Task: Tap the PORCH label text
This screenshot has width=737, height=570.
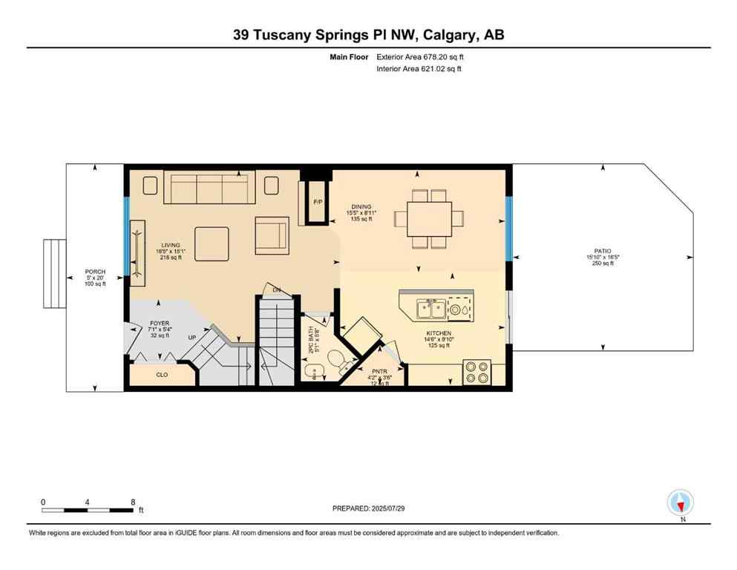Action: tap(94, 271)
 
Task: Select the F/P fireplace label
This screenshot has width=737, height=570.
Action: tap(318, 202)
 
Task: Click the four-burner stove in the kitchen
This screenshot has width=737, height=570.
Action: tap(477, 372)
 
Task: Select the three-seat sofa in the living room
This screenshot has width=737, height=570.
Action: tap(209, 188)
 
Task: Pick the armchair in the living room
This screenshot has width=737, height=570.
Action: tap(272, 235)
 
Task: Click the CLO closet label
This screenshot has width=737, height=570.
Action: tap(162, 375)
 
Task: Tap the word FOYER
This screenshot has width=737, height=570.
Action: tap(160, 323)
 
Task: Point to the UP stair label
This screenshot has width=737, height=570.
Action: tap(191, 338)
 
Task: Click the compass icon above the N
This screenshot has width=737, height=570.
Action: tap(680, 502)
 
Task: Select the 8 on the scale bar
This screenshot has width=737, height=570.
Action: tap(132, 502)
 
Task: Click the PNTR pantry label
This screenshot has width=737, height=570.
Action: tap(379, 370)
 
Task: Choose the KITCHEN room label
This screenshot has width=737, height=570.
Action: tap(439, 333)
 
